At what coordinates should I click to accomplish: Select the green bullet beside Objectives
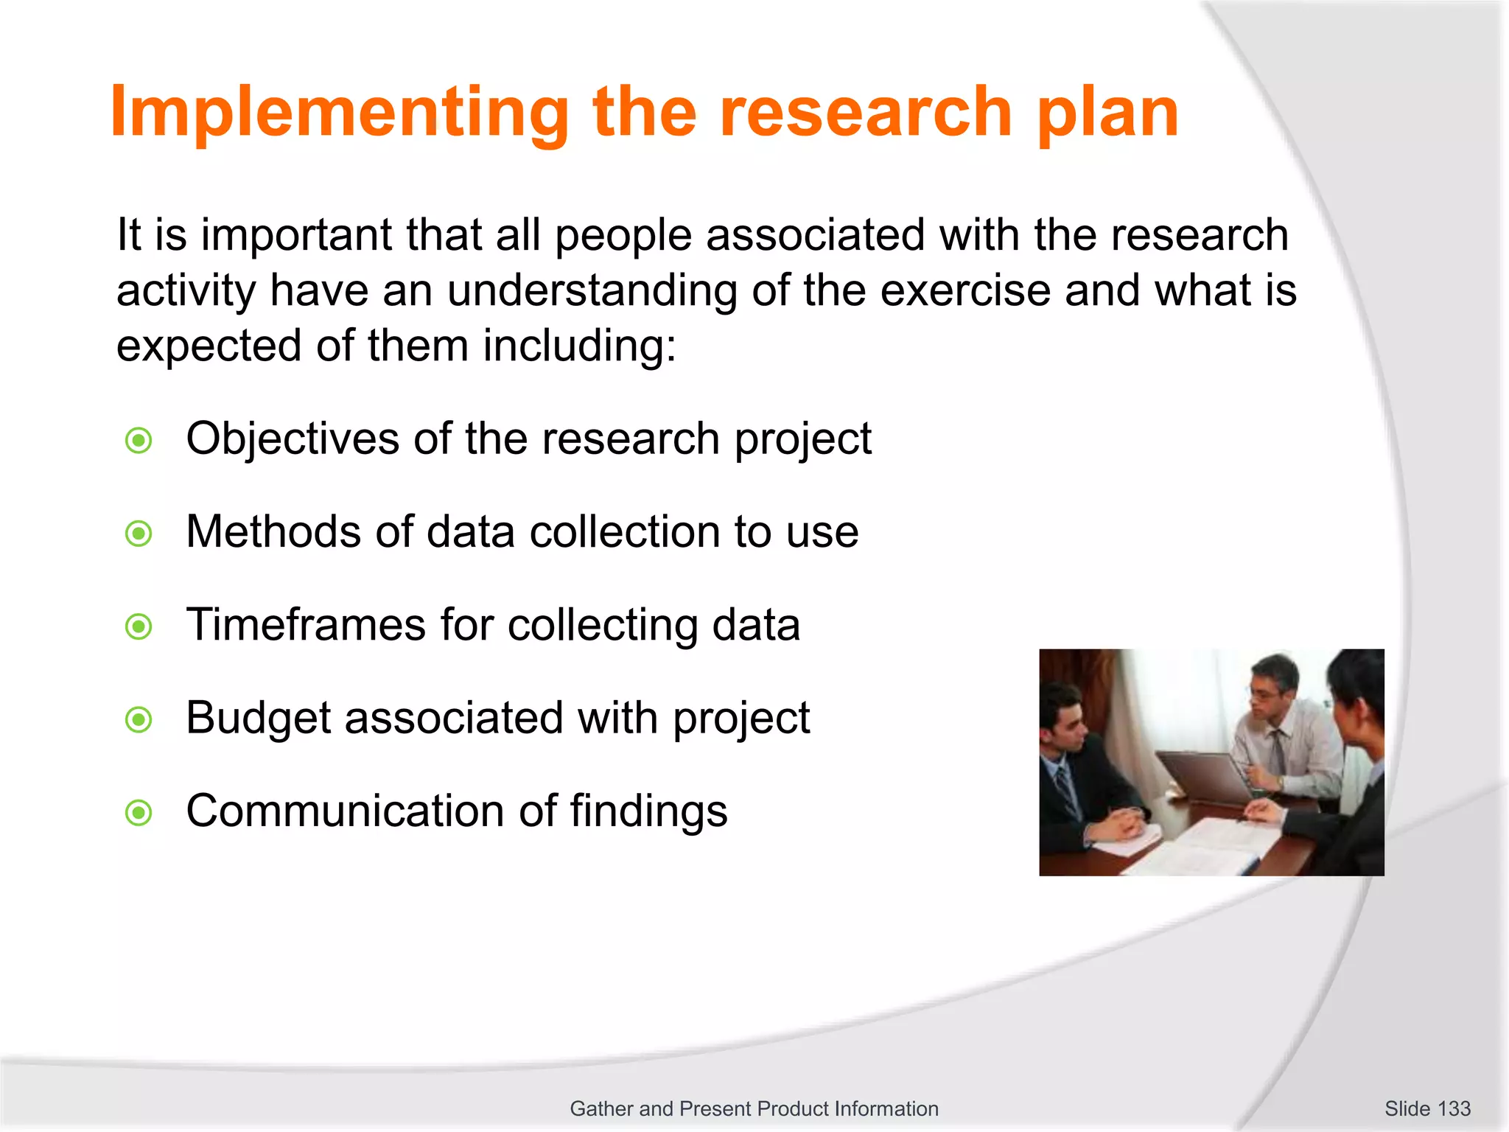tap(139, 441)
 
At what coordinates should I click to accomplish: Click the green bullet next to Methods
tap(139, 533)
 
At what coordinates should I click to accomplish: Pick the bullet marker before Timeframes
tap(139, 626)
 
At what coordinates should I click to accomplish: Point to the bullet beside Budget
tap(139, 719)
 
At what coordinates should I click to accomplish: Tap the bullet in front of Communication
tap(139, 813)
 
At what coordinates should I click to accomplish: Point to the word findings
tap(648, 811)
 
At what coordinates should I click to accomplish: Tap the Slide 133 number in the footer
tap(1427, 1108)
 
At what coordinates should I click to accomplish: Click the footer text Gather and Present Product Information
tap(754, 1108)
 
